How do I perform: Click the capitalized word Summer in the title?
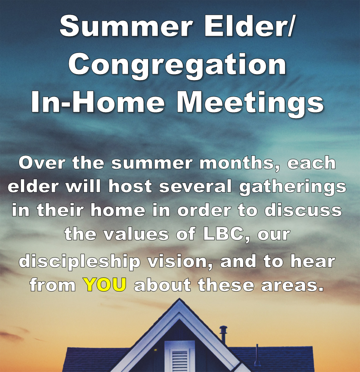(126, 26)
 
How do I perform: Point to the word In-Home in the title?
(98, 101)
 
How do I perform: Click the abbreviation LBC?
(225, 234)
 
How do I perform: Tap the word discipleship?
(79, 262)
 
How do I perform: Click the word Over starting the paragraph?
(42, 163)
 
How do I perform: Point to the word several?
(195, 186)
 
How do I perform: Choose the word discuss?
(303, 210)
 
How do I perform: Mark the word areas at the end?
(292, 285)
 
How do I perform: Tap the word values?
(136, 234)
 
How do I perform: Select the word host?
(130, 186)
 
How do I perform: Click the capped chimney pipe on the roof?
(223, 334)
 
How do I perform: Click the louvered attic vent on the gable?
(180, 356)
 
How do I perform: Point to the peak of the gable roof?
(179, 299)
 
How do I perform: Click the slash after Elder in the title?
(290, 26)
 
